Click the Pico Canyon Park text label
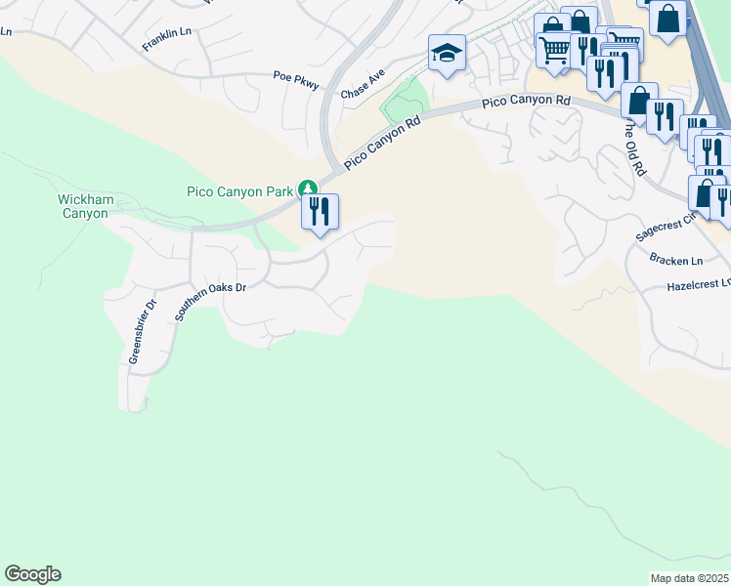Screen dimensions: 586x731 click(240, 191)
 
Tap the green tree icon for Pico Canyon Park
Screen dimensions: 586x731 click(308, 188)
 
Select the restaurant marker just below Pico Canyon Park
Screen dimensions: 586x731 click(320, 212)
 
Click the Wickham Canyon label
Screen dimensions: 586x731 click(86, 206)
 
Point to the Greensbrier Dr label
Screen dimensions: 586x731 click(143, 332)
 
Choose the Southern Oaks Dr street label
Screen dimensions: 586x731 click(210, 302)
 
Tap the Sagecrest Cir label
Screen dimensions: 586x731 click(665, 230)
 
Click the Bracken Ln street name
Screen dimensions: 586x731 click(675, 261)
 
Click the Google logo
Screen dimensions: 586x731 click(32, 574)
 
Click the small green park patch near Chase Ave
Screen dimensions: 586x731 click(407, 100)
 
